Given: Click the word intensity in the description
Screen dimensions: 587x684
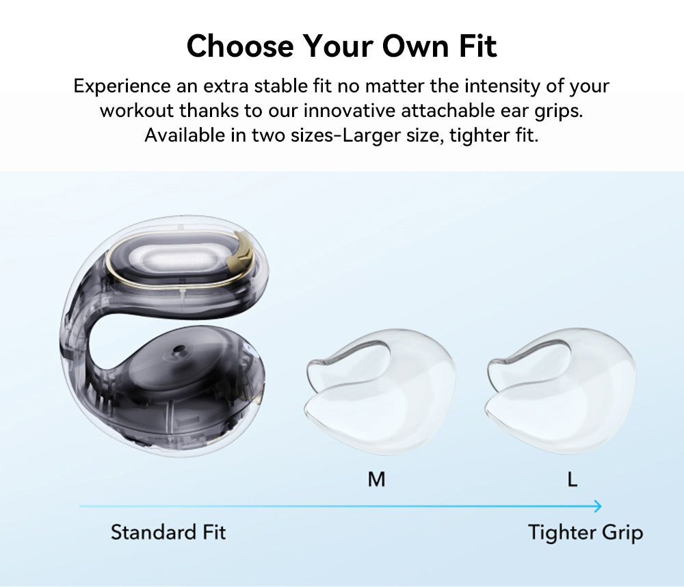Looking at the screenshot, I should pyautogui.click(x=507, y=86).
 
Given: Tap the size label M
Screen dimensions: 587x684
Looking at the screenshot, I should pyautogui.click(x=376, y=480).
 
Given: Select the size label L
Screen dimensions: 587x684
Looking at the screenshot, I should pyautogui.click(x=573, y=480).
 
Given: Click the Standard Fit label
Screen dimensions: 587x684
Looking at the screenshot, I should pyautogui.click(x=168, y=532).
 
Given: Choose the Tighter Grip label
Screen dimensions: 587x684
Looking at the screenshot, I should pyautogui.click(x=586, y=532).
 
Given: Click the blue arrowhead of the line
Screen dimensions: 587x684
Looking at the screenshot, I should pyautogui.click(x=597, y=506).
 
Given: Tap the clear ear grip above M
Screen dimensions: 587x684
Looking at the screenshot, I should pyautogui.click(x=380, y=393).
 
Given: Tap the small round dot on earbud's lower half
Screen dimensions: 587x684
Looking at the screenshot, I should pyautogui.click(x=179, y=350).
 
